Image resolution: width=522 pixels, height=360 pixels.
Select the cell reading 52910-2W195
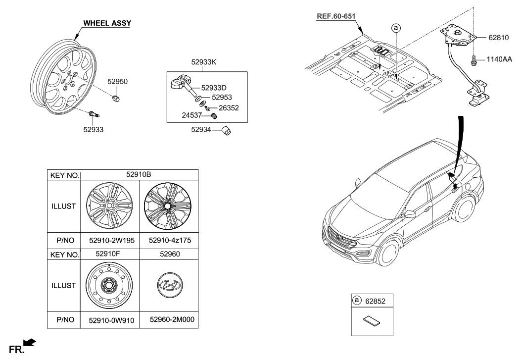click(109, 241)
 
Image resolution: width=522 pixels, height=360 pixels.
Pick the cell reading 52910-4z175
click(169, 241)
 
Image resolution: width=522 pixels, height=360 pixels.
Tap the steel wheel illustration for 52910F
click(109, 286)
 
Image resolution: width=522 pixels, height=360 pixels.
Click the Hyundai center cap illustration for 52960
click(169, 286)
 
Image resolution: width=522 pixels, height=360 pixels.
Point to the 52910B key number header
click(139, 175)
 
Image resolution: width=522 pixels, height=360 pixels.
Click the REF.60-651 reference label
click(336, 16)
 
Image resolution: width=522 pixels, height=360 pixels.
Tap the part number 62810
click(491, 37)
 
